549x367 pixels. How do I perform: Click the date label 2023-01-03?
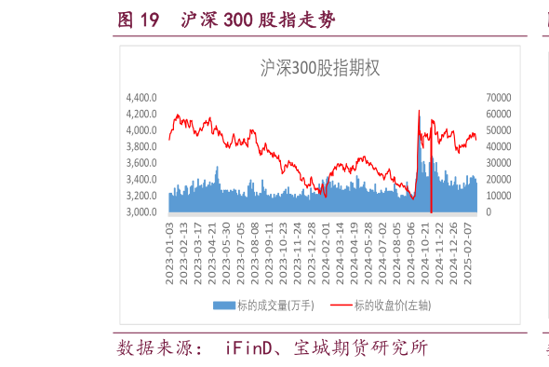pyautogui.click(x=169, y=244)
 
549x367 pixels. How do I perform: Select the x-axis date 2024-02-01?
pyautogui.click(x=325, y=244)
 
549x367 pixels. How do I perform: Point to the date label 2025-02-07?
pyautogui.click(x=470, y=244)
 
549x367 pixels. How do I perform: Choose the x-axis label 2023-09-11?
pyautogui.click(x=269, y=244)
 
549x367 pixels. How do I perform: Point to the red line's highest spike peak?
pyautogui.click(x=419, y=111)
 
